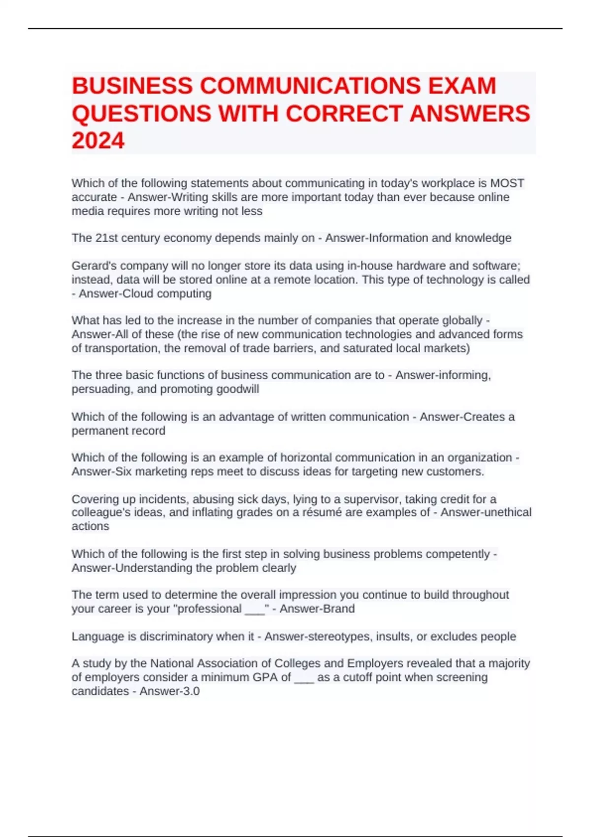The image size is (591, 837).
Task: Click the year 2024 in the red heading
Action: pyautogui.click(x=98, y=140)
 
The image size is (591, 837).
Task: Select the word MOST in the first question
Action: pyautogui.click(x=507, y=183)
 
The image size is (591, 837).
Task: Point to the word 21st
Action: pyautogui.click(x=107, y=238)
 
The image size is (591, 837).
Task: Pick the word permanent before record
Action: pyautogui.click(x=94, y=431)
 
